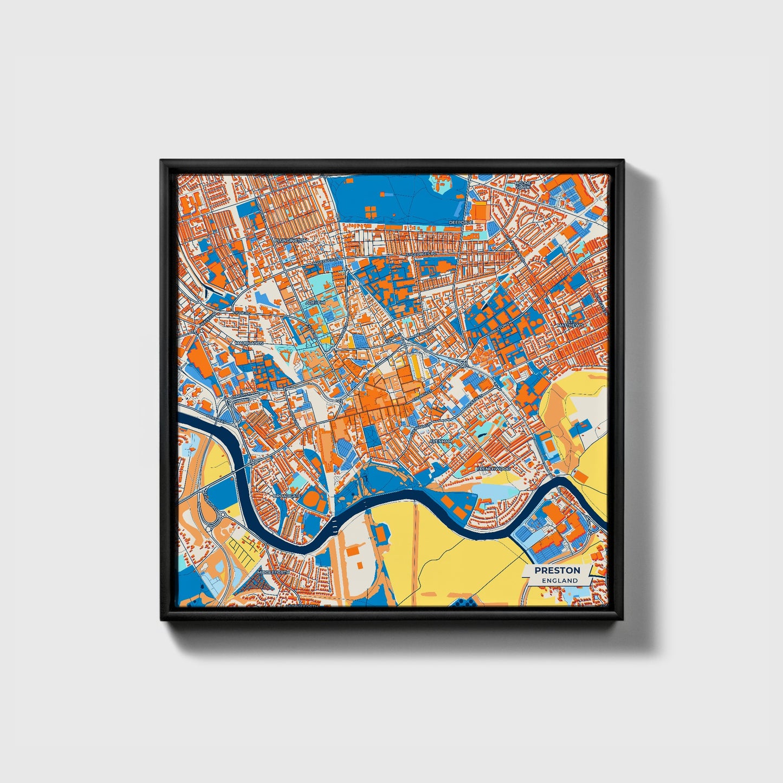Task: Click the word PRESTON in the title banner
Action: pyautogui.click(x=556, y=570)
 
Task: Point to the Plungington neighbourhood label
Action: pyautogui.click(x=290, y=240)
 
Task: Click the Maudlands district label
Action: pyautogui.click(x=249, y=344)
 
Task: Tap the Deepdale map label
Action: pyautogui.click(x=461, y=222)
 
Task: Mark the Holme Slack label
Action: pyautogui.click(x=523, y=185)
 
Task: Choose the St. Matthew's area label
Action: pyautogui.click(x=571, y=325)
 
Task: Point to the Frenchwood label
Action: pyautogui.click(x=493, y=468)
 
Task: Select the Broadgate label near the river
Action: pyautogui.click(x=287, y=496)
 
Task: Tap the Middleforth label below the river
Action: pyautogui.click(x=274, y=572)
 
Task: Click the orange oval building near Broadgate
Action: pyautogui.click(x=312, y=496)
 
